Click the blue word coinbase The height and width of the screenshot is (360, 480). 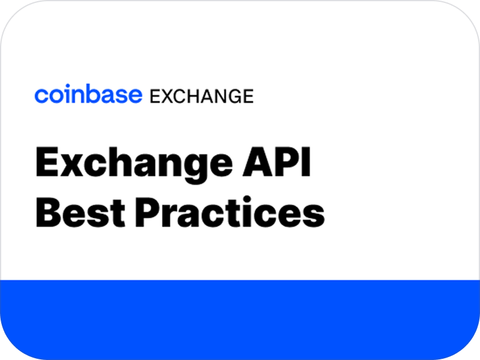point(88,95)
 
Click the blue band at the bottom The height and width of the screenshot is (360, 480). point(240,318)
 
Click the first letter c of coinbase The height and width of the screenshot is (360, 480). point(40,95)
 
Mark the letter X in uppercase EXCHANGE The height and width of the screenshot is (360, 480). point(164,95)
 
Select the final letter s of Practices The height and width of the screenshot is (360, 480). point(315,214)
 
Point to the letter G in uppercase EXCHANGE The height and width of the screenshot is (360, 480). point(233,95)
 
